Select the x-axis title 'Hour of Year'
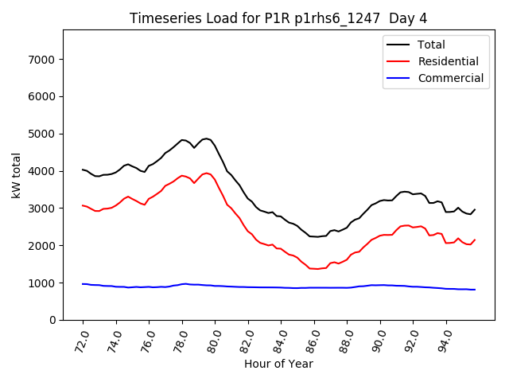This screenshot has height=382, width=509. (278, 364)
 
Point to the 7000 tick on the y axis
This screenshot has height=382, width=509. (40, 60)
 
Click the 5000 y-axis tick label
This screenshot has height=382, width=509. (40, 134)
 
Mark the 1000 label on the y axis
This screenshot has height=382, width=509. (40, 283)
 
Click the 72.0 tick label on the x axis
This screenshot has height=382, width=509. (82, 339)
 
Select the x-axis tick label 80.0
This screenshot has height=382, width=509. (214, 339)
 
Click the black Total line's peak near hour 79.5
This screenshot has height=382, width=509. (206, 138)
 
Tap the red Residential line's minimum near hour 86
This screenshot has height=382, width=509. (315, 269)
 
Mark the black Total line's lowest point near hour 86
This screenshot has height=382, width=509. (315, 236)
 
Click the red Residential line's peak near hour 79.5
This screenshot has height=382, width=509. (206, 173)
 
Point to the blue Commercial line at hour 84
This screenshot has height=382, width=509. (282, 287)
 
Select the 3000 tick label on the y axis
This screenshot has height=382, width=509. (40, 209)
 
